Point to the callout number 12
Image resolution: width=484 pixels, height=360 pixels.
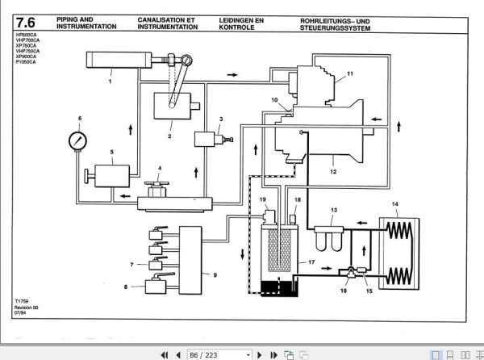pyautogui.click(x=332, y=172)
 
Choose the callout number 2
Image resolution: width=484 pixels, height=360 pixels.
pyautogui.click(x=169, y=136)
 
